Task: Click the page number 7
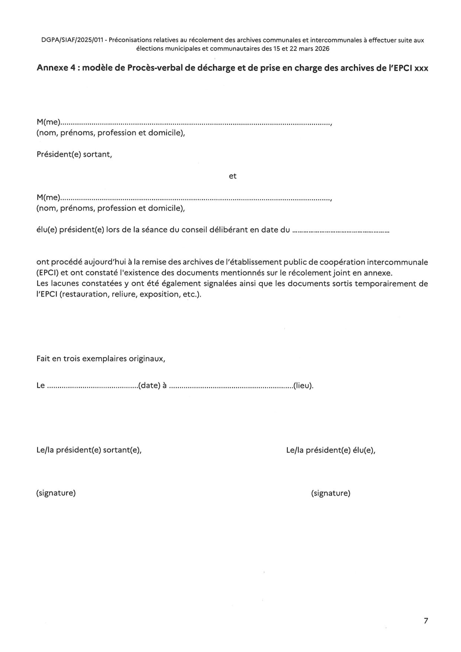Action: pos(426,620)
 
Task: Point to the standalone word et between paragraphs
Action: pos(233,176)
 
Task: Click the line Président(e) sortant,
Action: pos(74,154)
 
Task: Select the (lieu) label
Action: pos(303,386)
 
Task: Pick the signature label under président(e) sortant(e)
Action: pos(56,493)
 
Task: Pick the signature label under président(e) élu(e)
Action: pos(331,493)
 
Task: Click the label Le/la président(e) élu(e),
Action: pos(331,450)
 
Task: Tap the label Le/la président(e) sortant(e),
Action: pos(89,450)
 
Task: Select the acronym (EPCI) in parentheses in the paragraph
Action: pos(48,273)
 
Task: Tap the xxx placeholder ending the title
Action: pos(421,68)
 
